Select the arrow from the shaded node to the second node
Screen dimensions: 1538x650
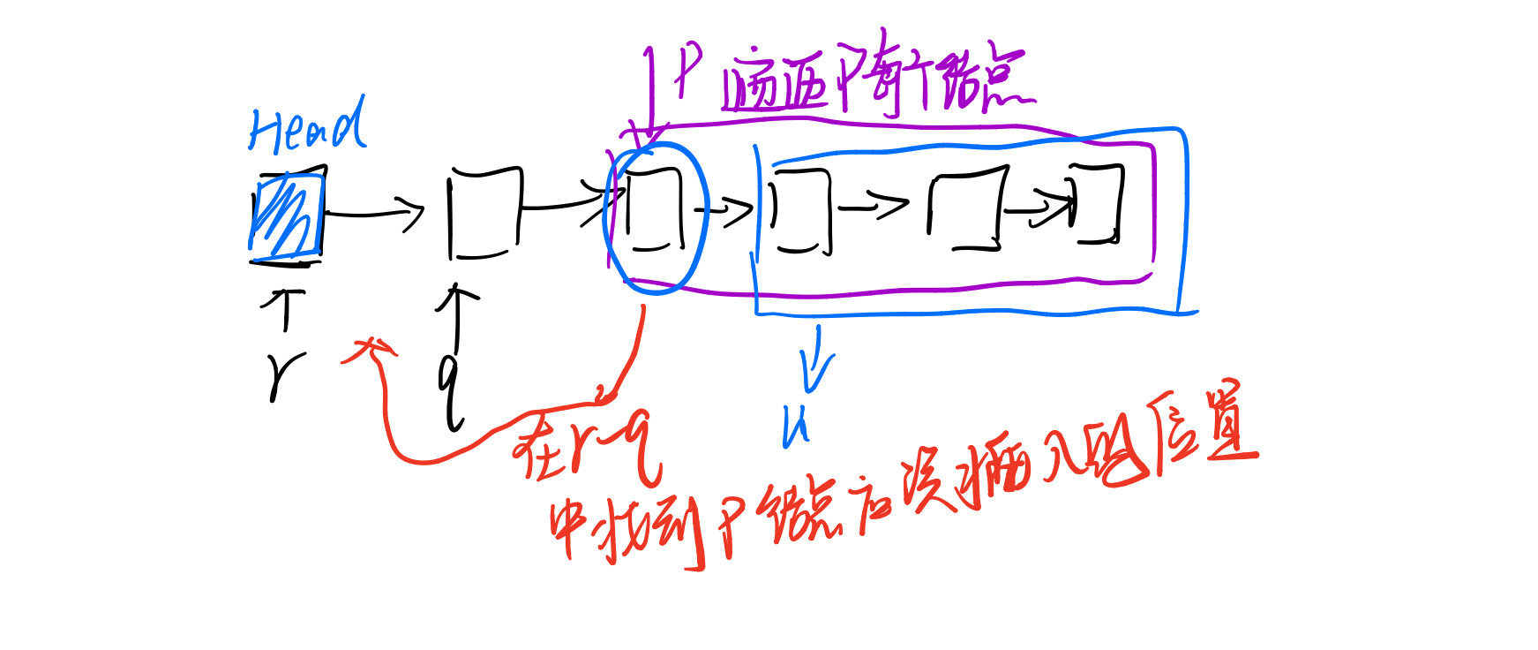point(376,213)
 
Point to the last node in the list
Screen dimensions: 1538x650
point(1097,204)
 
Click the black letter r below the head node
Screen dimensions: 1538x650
point(283,376)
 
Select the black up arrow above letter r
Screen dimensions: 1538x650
point(284,309)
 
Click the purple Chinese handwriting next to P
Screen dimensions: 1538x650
point(878,82)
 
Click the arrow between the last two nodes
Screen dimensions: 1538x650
point(1039,209)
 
